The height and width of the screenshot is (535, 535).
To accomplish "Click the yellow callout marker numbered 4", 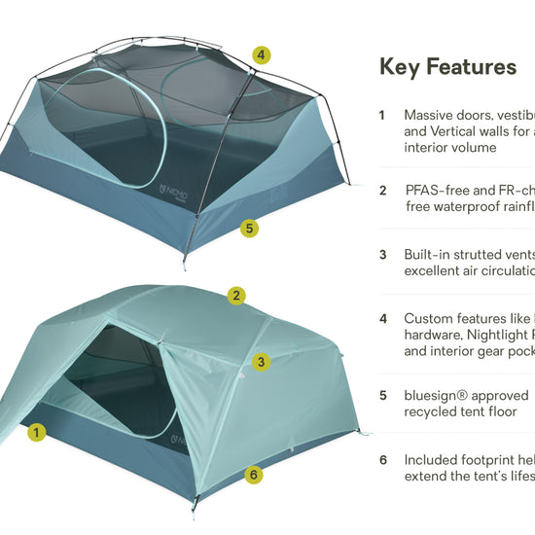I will point(261,55).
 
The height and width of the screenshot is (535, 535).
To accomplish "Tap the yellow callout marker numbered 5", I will point(251,229).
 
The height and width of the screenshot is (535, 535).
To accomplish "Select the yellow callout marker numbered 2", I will point(235,295).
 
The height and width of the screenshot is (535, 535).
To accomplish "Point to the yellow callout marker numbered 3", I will point(261,362).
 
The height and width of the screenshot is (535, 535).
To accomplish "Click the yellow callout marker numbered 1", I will point(37,432).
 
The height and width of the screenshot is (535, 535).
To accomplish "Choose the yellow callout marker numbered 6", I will point(253,475).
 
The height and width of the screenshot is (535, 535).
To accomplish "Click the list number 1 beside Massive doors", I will point(382,115).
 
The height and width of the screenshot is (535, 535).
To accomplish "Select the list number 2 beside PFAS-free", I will point(383,191).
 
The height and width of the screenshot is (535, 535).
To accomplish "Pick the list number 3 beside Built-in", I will point(383,255).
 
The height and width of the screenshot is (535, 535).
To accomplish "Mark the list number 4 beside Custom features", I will point(383,319).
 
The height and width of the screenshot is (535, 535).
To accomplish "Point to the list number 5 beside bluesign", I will point(383,396).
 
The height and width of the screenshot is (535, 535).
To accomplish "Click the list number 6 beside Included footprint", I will point(383,460).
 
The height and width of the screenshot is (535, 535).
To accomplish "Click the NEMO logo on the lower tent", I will point(179,442).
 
